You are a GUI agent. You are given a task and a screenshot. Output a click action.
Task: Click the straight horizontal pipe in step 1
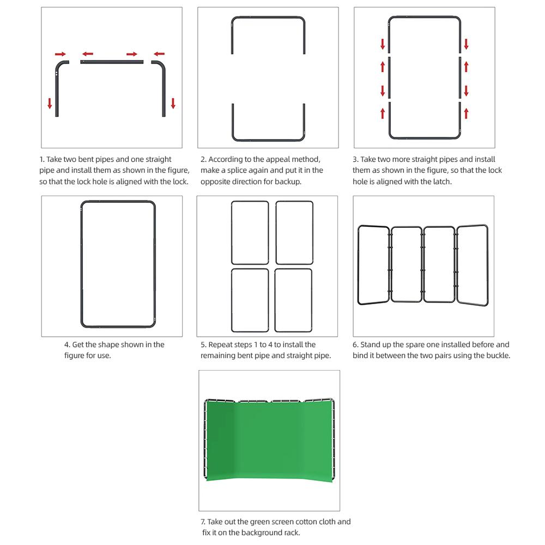tap(112, 63)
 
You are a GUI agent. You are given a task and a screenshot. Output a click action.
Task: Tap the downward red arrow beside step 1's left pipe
tap(50, 103)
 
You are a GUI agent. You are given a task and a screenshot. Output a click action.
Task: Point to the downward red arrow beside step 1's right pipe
tap(173, 103)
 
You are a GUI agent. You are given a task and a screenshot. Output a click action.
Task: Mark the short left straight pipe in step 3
tap(390, 79)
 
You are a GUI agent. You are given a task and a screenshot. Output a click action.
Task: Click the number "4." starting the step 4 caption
tap(68, 345)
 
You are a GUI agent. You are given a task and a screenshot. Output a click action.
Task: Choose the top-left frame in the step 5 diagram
tap(250, 232)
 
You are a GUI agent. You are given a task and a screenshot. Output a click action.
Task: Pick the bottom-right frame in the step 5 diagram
tap(293, 300)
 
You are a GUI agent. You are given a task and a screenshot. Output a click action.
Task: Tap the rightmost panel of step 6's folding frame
tap(472, 264)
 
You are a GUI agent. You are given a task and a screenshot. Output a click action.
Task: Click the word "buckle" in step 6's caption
tap(496, 356)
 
